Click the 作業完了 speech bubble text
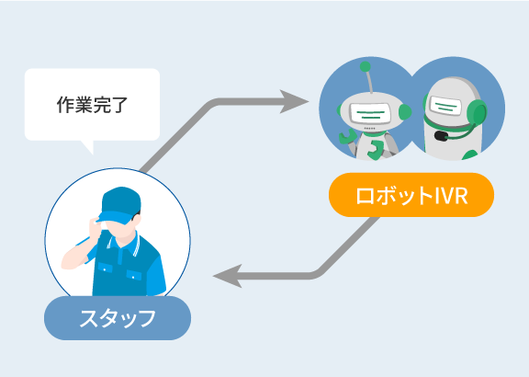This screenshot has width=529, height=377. coord(92,105)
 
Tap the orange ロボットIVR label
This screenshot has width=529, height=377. coord(411,195)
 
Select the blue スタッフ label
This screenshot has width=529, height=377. coord(118,318)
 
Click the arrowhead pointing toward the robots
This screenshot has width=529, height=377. coord(294,101)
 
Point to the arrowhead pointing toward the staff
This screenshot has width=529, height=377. coord(228,276)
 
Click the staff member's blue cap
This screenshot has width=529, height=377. coord(119,205)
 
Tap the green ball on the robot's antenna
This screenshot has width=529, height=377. coord(365,66)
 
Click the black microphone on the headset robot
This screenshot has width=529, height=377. coord(441,136)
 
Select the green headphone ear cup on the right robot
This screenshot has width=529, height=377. coord(477,112)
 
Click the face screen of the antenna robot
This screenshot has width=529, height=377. coord(370,113)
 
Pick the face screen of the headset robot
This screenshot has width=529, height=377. coord(445,105)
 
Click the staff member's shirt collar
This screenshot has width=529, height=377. coord(124,242)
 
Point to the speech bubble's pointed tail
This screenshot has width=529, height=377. coord(88,147)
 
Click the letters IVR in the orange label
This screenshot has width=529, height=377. coord(452,195)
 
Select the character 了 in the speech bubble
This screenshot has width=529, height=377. coord(119,105)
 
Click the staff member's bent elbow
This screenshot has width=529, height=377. coord(67,264)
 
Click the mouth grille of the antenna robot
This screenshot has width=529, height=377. coord(370,129)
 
